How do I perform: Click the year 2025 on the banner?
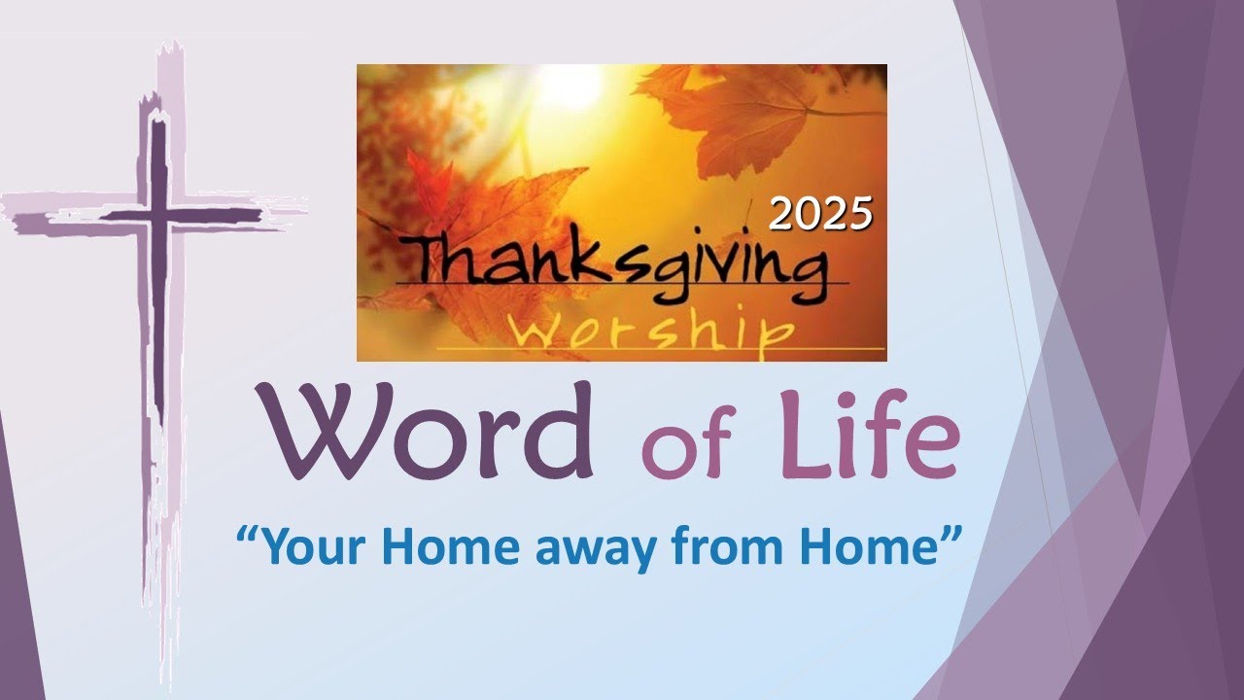pos(820,214)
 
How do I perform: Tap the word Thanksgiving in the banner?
pos(622,264)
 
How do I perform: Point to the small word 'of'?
pos(685,447)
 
